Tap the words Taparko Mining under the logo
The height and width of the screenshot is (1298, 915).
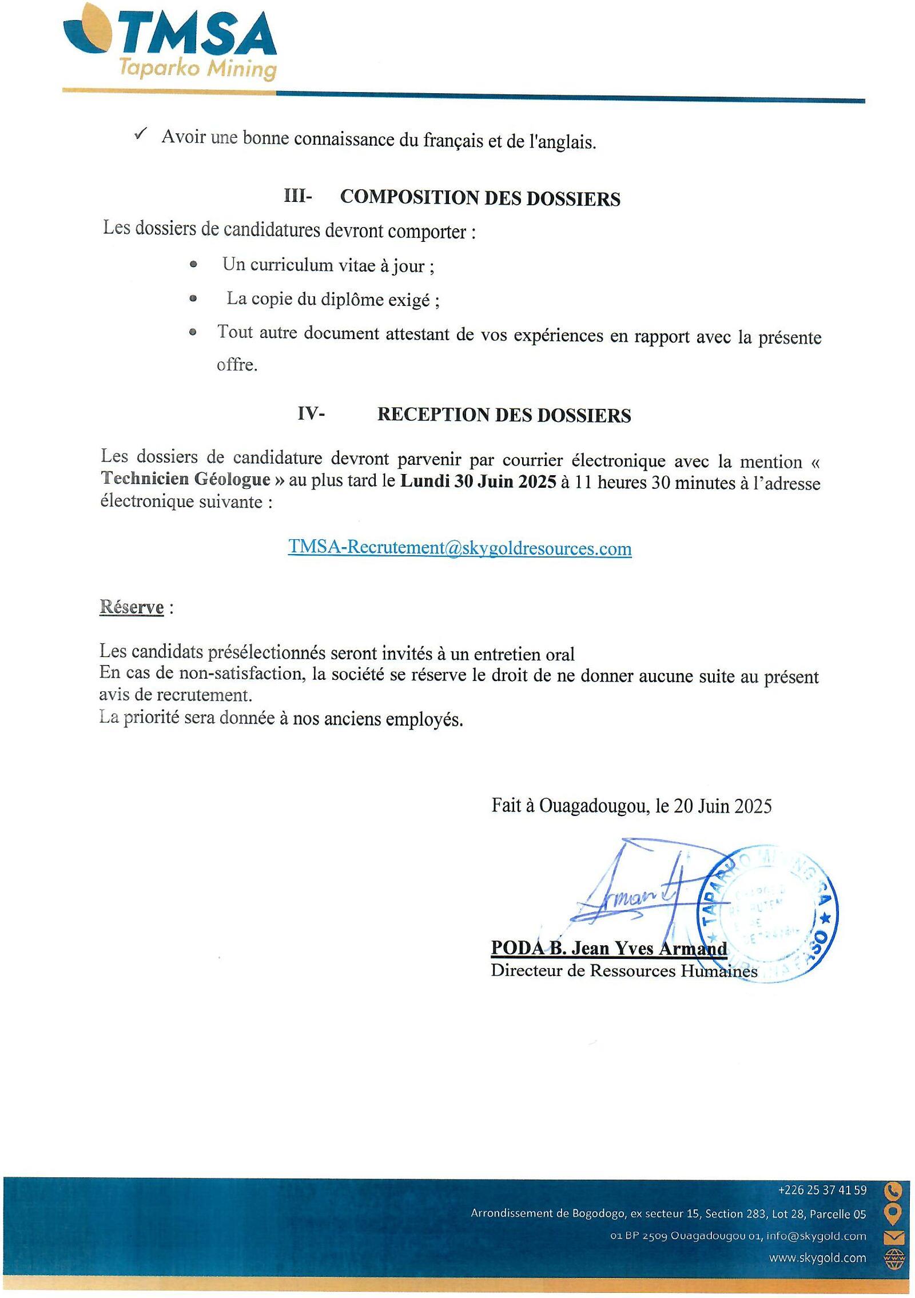point(197,69)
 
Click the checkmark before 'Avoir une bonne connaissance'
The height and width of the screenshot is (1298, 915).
point(140,134)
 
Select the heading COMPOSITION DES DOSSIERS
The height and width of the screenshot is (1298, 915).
point(480,198)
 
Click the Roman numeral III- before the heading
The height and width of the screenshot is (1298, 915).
point(298,196)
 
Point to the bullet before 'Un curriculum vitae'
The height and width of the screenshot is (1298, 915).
point(193,265)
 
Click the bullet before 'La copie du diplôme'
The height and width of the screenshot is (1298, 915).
point(193,298)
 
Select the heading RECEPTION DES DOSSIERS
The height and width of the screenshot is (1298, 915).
point(504,415)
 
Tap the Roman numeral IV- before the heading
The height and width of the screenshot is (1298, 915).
point(311,413)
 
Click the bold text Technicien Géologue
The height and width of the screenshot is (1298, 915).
point(185,479)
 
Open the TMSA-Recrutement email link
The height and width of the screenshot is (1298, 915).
point(460,548)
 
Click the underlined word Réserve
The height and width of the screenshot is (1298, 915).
point(132,607)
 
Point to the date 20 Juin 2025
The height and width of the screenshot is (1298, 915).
point(723,806)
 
